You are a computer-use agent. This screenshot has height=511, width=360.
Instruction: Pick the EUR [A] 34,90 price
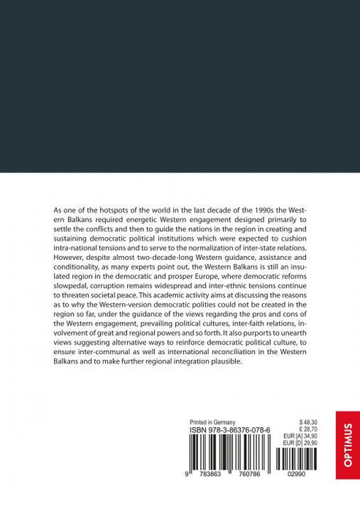[305, 438]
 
